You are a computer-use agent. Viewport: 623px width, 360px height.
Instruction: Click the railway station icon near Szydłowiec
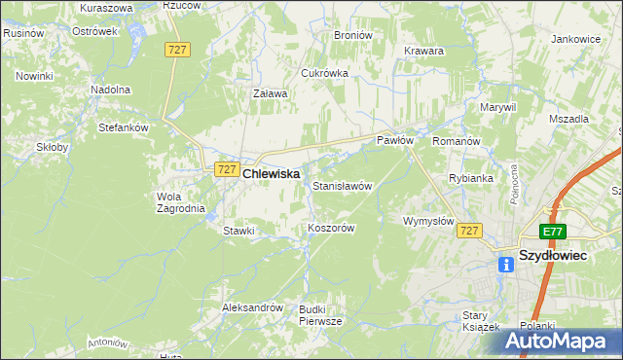(506, 264)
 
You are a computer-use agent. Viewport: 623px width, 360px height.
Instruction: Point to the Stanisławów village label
(342, 185)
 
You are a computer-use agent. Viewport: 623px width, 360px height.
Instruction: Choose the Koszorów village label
(330, 228)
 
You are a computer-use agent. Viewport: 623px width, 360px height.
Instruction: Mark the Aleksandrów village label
(252, 307)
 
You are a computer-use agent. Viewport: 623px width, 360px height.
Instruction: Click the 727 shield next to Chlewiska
(226, 168)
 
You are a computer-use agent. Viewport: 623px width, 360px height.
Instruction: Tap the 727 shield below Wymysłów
(469, 230)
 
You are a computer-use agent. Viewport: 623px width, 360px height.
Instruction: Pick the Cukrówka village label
(324, 73)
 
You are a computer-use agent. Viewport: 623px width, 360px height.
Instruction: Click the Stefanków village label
(123, 126)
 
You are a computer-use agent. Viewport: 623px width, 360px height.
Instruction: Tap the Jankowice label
(574, 40)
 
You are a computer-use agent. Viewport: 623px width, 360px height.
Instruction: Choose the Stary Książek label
(479, 320)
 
